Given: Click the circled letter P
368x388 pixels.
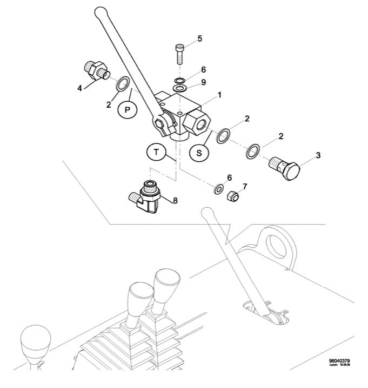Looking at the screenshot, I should click(128, 109).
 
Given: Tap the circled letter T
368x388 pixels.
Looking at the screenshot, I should click(156, 153).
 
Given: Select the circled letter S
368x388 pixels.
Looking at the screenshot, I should click(199, 153).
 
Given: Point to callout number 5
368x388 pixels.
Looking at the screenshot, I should click(199, 38).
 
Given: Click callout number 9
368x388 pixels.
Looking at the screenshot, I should click(203, 83).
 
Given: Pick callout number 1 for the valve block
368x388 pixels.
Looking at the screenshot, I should click(219, 95).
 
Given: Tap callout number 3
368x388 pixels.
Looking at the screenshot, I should click(318, 155).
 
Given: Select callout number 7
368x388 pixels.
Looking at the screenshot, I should click(244, 187).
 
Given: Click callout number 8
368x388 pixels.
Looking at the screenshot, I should click(175, 200).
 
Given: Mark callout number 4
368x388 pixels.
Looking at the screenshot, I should click(80, 87).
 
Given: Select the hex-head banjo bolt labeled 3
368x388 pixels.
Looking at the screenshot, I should click(287, 169).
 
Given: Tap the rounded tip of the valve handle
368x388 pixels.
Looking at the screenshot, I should click(98, 10).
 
